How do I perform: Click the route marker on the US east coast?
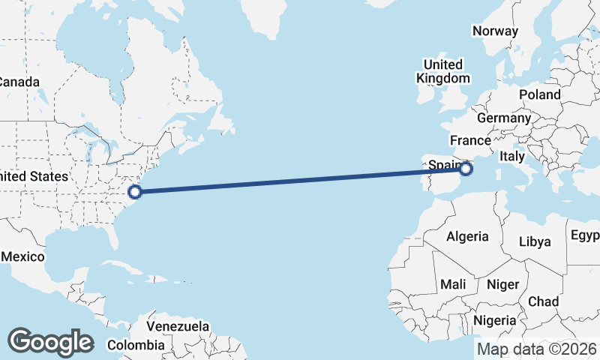pyautogui.click(x=134, y=191)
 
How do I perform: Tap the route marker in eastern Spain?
pyautogui.click(x=466, y=169)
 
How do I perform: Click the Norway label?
pyautogui.click(x=495, y=31)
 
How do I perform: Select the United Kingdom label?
pyautogui.click(x=445, y=71)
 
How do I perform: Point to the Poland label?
pyautogui.click(x=539, y=94)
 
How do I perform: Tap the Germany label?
pyautogui.click(x=503, y=118)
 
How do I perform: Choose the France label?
pyautogui.click(x=470, y=140)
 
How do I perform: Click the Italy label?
pyautogui.click(x=512, y=156)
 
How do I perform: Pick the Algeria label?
pyautogui.click(x=467, y=236)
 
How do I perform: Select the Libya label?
pyautogui.click(x=535, y=241)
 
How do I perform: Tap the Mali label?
pyautogui.click(x=453, y=284)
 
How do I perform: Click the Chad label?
pyautogui.click(x=544, y=301)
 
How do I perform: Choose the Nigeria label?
pyautogui.click(x=495, y=320)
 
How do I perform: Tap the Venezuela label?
pyautogui.click(x=178, y=327)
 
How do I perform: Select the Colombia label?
pyautogui.click(x=136, y=345)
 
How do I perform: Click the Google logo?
pyautogui.click(x=50, y=341)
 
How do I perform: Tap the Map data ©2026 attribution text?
pyautogui.click(x=536, y=349)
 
